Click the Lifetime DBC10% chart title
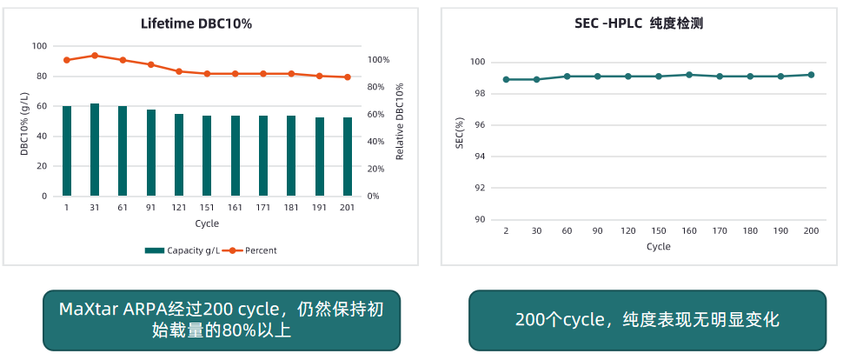pyautogui.click(x=196, y=23)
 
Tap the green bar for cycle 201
pyautogui.click(x=348, y=157)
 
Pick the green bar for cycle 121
pyautogui.click(x=179, y=155)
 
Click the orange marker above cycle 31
pyautogui.click(x=95, y=56)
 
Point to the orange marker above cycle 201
pyautogui.click(x=348, y=77)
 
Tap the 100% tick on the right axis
pyautogui.click(x=379, y=60)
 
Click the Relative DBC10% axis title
pyautogui.click(x=400, y=122)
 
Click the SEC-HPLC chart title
pyautogui.click(x=639, y=23)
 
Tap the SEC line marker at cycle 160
pyautogui.click(x=689, y=75)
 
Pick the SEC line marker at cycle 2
pyautogui.click(x=506, y=79)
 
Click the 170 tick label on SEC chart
pyautogui.click(x=720, y=230)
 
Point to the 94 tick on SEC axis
pyautogui.click(x=479, y=157)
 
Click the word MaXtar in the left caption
pyautogui.click(x=83, y=310)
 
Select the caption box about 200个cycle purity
pyautogui.click(x=647, y=320)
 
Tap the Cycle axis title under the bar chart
pyautogui.click(x=207, y=223)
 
